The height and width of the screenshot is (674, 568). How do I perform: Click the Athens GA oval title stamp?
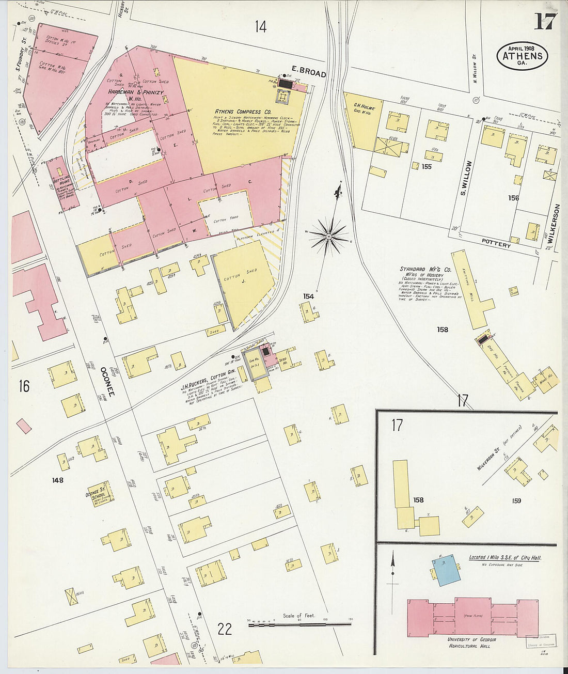pos(522,56)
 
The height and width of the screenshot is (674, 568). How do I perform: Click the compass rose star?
pos(328,237)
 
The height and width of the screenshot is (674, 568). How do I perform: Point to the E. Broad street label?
pos(308,73)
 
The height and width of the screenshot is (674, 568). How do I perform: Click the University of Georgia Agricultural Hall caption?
pos(472,642)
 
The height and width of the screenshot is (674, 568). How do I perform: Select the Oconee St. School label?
pos(99,494)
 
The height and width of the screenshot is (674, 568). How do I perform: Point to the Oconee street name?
pos(107,381)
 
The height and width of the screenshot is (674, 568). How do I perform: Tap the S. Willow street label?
pos(466,178)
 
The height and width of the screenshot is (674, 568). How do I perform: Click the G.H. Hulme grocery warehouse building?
pos(361,120)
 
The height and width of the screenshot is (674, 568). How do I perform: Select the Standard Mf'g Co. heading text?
pos(425,269)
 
